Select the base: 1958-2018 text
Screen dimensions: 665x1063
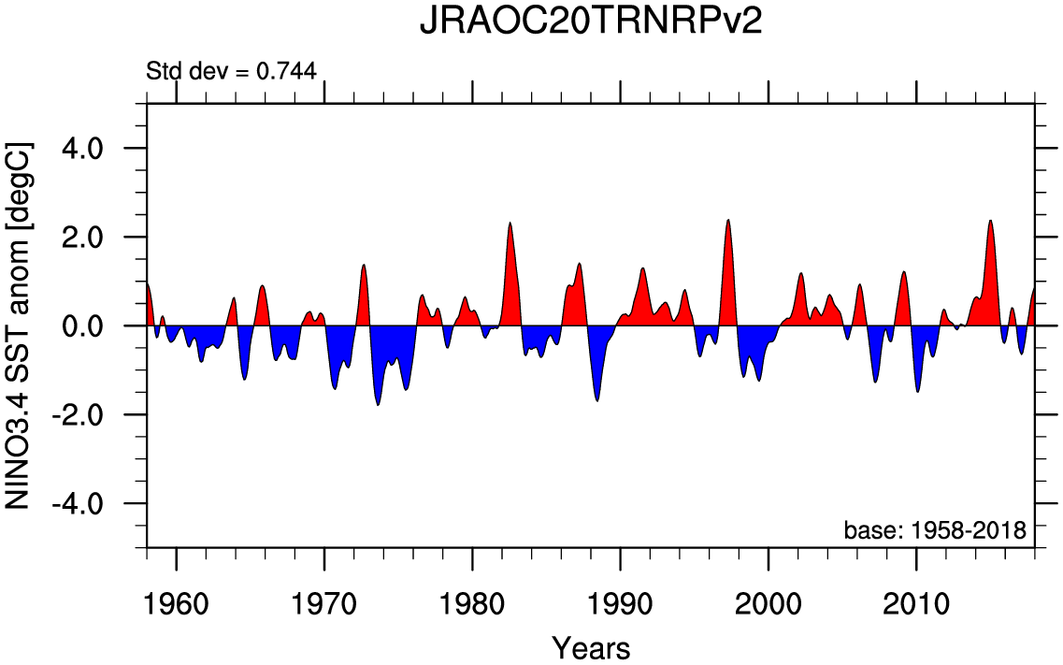[935, 530]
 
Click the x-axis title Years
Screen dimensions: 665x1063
[591, 647]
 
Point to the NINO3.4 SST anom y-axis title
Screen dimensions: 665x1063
[20, 325]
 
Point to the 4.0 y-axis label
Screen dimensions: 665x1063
[93, 149]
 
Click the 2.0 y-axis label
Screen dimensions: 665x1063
[93, 238]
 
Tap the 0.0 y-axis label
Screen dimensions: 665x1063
[93, 326]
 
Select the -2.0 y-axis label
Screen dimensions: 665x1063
[89, 415]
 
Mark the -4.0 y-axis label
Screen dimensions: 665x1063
[89, 504]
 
